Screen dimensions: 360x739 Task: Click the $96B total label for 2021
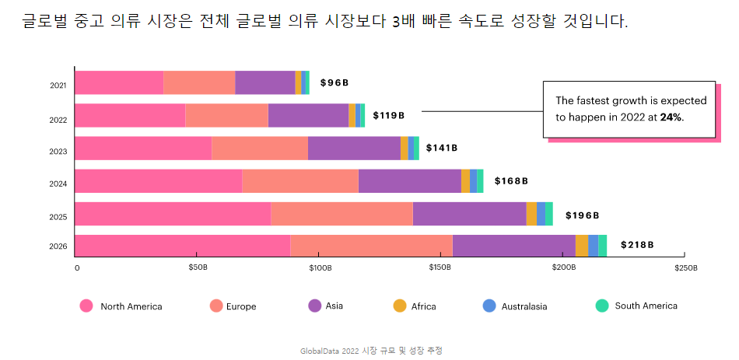pos(334,82)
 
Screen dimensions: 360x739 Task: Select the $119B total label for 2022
pos(388,115)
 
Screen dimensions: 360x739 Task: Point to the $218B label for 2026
pos(636,245)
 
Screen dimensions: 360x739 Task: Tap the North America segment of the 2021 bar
pos(119,82)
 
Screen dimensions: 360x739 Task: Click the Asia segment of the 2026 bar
pos(513,245)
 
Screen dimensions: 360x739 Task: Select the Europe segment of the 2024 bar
pos(299,180)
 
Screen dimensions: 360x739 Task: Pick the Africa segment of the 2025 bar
pos(531,213)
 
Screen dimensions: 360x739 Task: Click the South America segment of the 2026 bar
pos(603,245)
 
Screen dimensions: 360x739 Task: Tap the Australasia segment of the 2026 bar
pos(593,245)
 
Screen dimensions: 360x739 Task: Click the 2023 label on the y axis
pos(58,152)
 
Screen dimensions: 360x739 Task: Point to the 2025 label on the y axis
pos(58,217)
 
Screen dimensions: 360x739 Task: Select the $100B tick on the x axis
pos(320,268)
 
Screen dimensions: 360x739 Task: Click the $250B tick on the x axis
pos(685,268)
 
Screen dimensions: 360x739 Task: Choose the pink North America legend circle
pos(86,306)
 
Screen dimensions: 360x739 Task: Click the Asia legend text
pos(334,306)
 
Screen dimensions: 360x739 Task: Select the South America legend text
pos(646,306)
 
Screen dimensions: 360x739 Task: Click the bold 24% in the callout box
pos(671,117)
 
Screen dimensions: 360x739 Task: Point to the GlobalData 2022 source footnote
pos(371,351)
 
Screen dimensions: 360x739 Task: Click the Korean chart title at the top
pos(325,21)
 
